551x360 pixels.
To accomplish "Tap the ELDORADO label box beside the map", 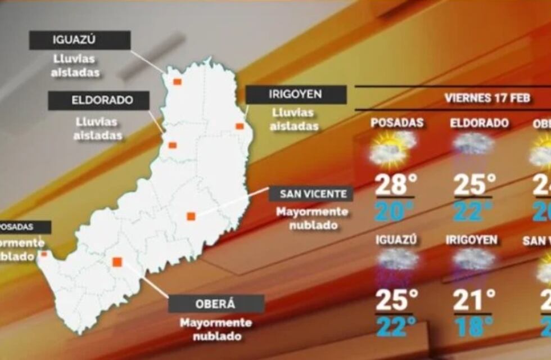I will pyautogui.click(x=98, y=101).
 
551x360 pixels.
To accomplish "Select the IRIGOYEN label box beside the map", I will pyautogui.click(x=296, y=94).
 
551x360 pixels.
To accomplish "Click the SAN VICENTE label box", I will pyautogui.click(x=311, y=194).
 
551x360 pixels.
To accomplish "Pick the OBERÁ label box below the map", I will pyautogui.click(x=216, y=304).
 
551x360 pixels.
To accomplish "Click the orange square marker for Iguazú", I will pyautogui.click(x=177, y=82).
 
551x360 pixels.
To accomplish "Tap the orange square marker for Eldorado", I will pyautogui.click(x=173, y=145).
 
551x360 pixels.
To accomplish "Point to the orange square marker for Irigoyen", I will pyautogui.click(x=240, y=126).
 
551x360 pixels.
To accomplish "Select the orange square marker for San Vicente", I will pyautogui.click(x=191, y=216).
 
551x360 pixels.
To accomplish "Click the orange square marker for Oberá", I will pyautogui.click(x=117, y=262).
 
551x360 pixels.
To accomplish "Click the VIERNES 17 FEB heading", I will pyautogui.click(x=487, y=98).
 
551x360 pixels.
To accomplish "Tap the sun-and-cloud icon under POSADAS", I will pyautogui.click(x=392, y=148).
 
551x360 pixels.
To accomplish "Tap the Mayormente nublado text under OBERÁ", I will pyautogui.click(x=216, y=330).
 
